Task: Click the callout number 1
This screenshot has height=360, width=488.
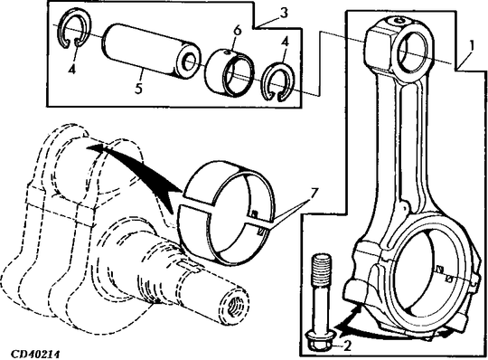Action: [471, 46]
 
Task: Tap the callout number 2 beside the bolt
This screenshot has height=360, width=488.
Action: [347, 346]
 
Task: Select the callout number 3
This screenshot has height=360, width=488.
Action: [283, 14]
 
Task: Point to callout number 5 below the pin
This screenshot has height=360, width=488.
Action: [139, 89]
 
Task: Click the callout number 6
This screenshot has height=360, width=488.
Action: [237, 31]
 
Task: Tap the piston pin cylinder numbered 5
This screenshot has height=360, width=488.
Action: [151, 52]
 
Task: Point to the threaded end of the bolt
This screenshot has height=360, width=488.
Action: [322, 267]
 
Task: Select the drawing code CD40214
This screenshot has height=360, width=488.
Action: [35, 354]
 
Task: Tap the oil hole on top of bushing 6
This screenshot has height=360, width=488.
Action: [227, 52]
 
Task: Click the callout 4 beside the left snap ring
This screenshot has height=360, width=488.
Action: [72, 70]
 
